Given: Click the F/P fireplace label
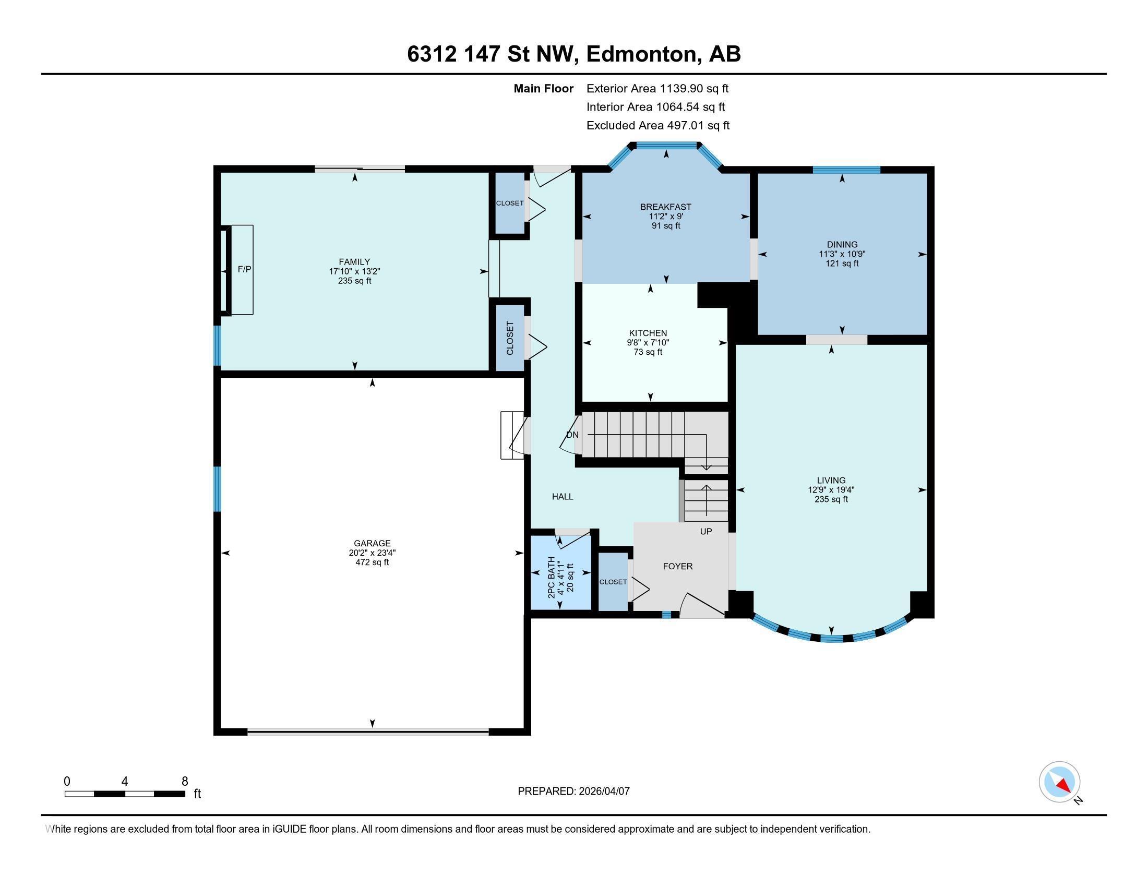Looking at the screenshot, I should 244,270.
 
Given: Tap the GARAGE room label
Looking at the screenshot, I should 372,543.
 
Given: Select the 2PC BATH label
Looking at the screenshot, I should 552,578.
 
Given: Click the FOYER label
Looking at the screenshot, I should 677,567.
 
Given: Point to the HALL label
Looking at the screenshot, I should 563,497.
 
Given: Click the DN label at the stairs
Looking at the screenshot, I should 572,435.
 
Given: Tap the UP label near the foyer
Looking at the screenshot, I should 706,532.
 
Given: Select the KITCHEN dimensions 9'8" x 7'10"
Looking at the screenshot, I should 648,343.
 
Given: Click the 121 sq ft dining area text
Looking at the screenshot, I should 842,263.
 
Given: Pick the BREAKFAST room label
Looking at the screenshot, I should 665,207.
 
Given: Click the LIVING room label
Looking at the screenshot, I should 831,480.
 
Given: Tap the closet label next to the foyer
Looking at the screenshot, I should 613,582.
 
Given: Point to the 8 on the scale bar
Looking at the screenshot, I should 185,782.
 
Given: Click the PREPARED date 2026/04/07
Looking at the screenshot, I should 603,792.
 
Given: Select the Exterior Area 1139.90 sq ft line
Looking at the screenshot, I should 657,89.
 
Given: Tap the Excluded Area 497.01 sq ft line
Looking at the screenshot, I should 657,126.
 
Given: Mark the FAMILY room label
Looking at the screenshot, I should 354,262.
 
